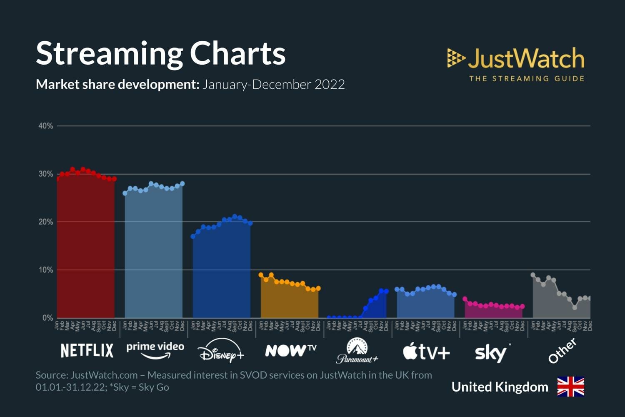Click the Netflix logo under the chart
pos(87,351)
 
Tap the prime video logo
pos(155,350)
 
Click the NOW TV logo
pos(290,350)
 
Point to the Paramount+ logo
pos(357,351)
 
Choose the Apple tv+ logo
pos(426,352)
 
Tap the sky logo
pos(492,353)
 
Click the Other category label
pos(562,351)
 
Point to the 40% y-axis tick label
pos(46,126)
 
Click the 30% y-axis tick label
pos(46,174)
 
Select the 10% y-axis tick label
pos(46,270)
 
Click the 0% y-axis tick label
pos(47,318)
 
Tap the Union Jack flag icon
pos(570,387)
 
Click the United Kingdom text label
pos(500,387)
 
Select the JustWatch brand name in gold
pos(526,58)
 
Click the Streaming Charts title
pos(161,53)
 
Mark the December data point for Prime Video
pos(182,184)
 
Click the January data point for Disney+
pos(193,236)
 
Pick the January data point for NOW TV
pos(261,275)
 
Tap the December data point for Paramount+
pos(386,291)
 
